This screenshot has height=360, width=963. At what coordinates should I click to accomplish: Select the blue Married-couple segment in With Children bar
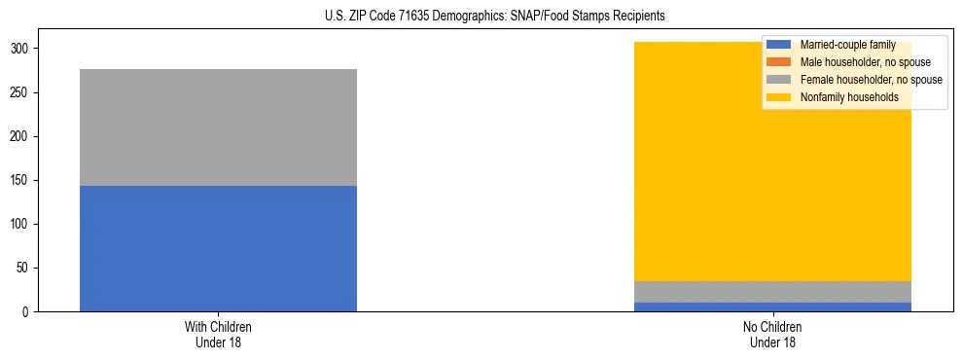[218, 248]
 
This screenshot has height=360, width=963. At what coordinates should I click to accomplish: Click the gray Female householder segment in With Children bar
[218, 127]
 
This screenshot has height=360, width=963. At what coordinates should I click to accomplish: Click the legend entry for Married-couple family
[847, 45]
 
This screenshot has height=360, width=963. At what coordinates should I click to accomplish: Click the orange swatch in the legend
[779, 62]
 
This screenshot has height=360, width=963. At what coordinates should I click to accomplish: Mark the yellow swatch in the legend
[779, 97]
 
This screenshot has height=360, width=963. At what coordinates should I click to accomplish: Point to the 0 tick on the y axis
[25, 312]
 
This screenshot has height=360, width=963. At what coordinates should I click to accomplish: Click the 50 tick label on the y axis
[22, 269]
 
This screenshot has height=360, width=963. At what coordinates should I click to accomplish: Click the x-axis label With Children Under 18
[218, 335]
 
